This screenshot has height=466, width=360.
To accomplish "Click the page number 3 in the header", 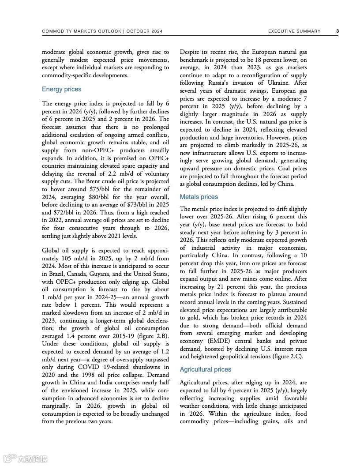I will pyautogui.click(x=337, y=31).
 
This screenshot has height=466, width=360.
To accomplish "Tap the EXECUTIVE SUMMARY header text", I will pyautogui.click(x=294, y=31).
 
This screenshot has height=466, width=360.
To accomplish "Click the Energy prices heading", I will pyautogui.click(x=62, y=89).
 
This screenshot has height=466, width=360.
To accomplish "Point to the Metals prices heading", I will pyautogui.click(x=199, y=197).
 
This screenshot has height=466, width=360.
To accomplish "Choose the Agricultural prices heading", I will pyautogui.click(x=206, y=369).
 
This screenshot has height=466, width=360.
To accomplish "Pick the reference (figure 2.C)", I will pyautogui.click(x=288, y=357).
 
